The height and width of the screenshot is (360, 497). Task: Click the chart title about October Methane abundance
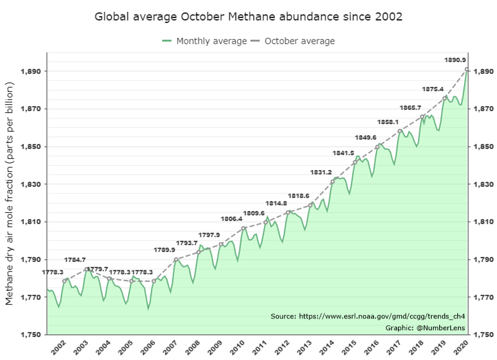pos(248,16)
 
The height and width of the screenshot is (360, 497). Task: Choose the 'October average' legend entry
pos(293,41)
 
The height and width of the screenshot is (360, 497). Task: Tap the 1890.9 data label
pos(455,60)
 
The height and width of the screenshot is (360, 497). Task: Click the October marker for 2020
pos(467,70)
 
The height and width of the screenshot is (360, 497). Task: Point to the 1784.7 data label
pos(75,259)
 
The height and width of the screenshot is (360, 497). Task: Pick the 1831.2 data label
pos(321,172)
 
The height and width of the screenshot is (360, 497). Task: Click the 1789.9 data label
pos(165,250)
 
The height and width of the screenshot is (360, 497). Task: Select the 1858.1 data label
pos(388,122)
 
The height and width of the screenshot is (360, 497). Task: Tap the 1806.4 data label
pos(232,218)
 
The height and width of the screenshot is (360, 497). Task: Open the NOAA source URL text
pos(368,317)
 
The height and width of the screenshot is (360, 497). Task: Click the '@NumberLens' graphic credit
pos(426,328)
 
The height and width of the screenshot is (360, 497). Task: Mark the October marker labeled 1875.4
pos(445,97)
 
